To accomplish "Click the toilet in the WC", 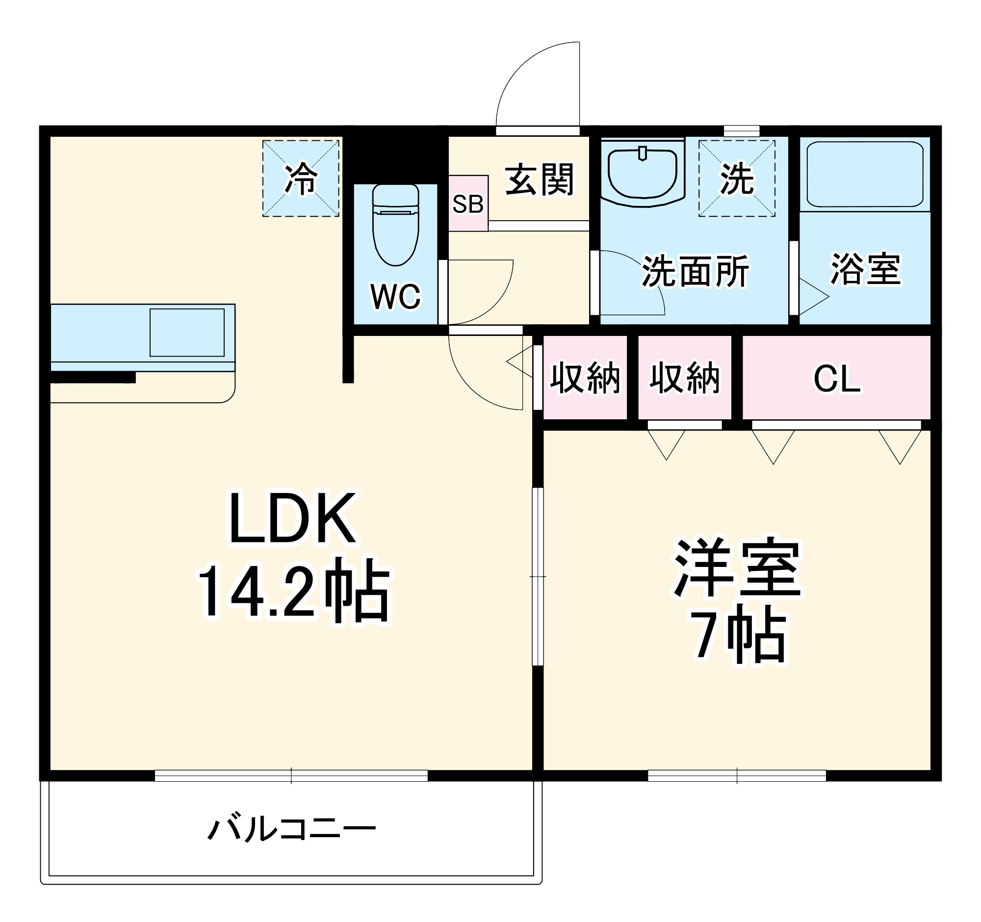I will [395, 225].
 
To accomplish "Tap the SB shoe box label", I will [468, 204].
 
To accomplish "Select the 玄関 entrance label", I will [540, 180].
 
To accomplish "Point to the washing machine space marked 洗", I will [737, 179].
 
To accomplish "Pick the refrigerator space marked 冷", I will [301, 179].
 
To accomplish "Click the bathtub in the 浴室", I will [865, 174].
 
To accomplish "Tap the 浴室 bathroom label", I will [866, 269].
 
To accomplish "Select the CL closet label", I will [837, 380].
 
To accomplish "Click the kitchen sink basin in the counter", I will [187, 333].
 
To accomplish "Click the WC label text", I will [395, 297].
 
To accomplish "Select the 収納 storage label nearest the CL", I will [684, 379].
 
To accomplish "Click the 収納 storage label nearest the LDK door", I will [585, 379].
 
